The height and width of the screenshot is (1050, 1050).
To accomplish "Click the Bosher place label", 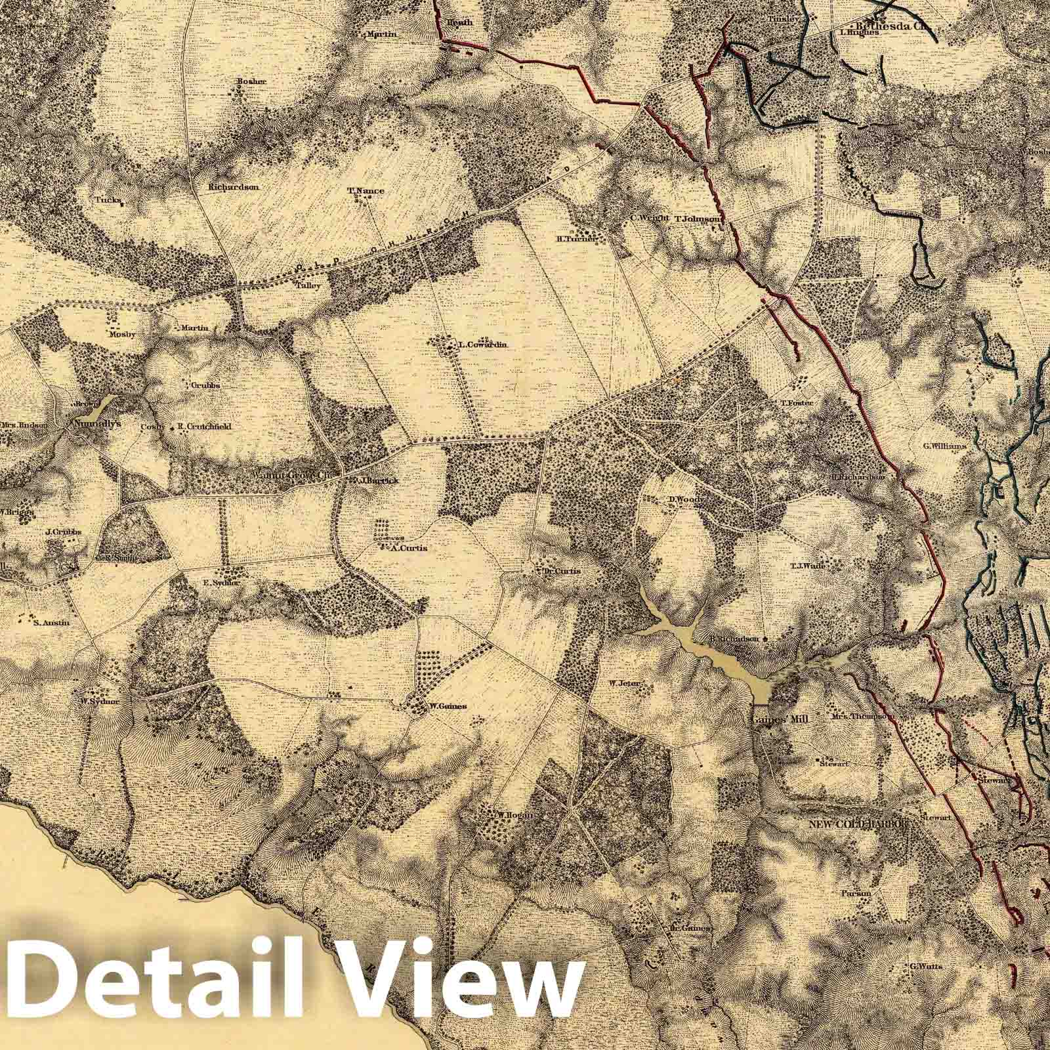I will click(x=251, y=81).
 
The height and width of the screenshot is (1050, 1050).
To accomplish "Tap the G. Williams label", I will click(x=944, y=446).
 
